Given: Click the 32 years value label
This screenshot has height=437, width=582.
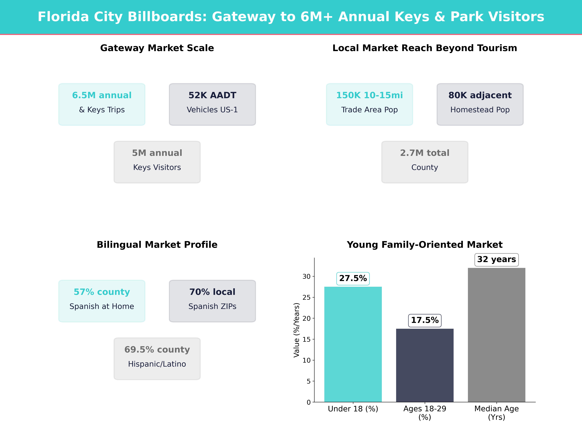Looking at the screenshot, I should click(497, 259).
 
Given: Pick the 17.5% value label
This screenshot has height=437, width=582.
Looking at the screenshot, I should click(425, 320).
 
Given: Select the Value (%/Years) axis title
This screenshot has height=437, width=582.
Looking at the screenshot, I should click(297, 330).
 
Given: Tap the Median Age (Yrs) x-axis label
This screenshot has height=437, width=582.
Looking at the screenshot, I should click(497, 413).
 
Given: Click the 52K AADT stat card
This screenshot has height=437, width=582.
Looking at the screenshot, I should click(212, 104).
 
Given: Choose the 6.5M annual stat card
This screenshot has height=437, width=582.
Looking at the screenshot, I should click(102, 104).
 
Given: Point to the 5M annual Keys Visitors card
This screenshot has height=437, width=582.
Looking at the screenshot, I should click(157, 162).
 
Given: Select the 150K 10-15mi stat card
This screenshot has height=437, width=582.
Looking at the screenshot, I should click(369, 104).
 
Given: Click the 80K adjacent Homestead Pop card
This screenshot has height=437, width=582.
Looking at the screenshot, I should click(480, 104).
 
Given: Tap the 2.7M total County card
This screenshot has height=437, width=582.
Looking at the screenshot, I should click(425, 162).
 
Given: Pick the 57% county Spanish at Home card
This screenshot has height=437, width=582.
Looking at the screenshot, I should click(102, 301).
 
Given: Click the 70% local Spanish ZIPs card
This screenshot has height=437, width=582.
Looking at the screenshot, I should click(212, 301).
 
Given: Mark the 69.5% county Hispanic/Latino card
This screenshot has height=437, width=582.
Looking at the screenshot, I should click(157, 358).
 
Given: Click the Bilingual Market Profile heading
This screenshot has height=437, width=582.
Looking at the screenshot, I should click(157, 245).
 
